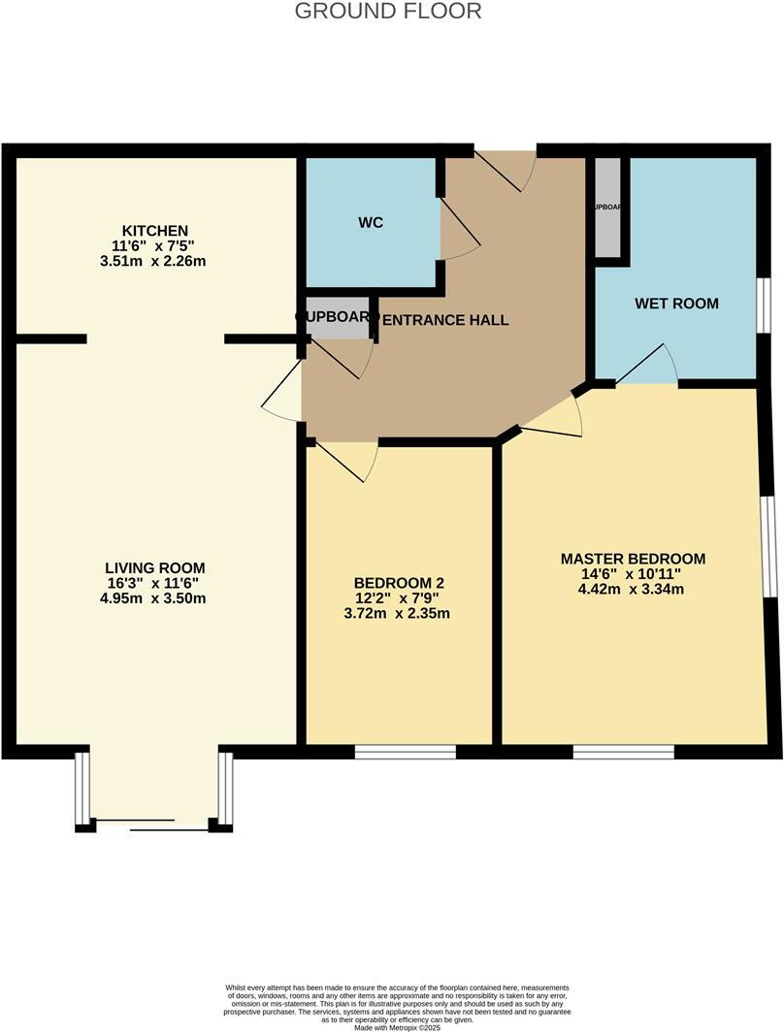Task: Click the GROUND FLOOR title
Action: tap(387, 12)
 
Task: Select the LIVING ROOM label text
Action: tap(155, 567)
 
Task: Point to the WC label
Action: tap(371, 222)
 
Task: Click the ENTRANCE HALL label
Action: tap(445, 319)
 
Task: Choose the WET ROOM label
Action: tap(676, 303)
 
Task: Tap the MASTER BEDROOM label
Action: tap(633, 559)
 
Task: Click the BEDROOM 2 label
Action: tap(399, 582)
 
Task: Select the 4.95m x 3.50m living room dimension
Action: tap(155, 598)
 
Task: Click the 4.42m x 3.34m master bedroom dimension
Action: tap(633, 589)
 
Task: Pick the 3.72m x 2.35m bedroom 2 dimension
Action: tap(399, 613)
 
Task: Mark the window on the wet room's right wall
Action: tap(764, 305)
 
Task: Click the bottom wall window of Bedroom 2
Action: tap(405, 751)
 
